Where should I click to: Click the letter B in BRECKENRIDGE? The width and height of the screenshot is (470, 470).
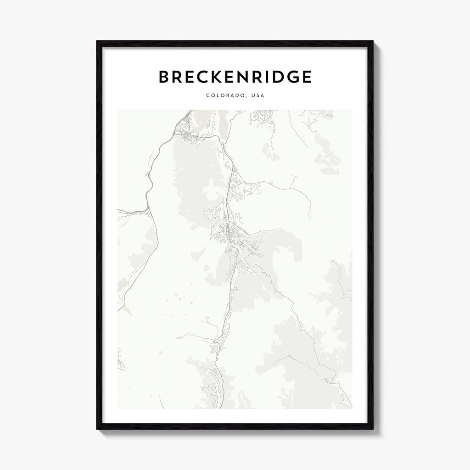pyautogui.click(x=164, y=77)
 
